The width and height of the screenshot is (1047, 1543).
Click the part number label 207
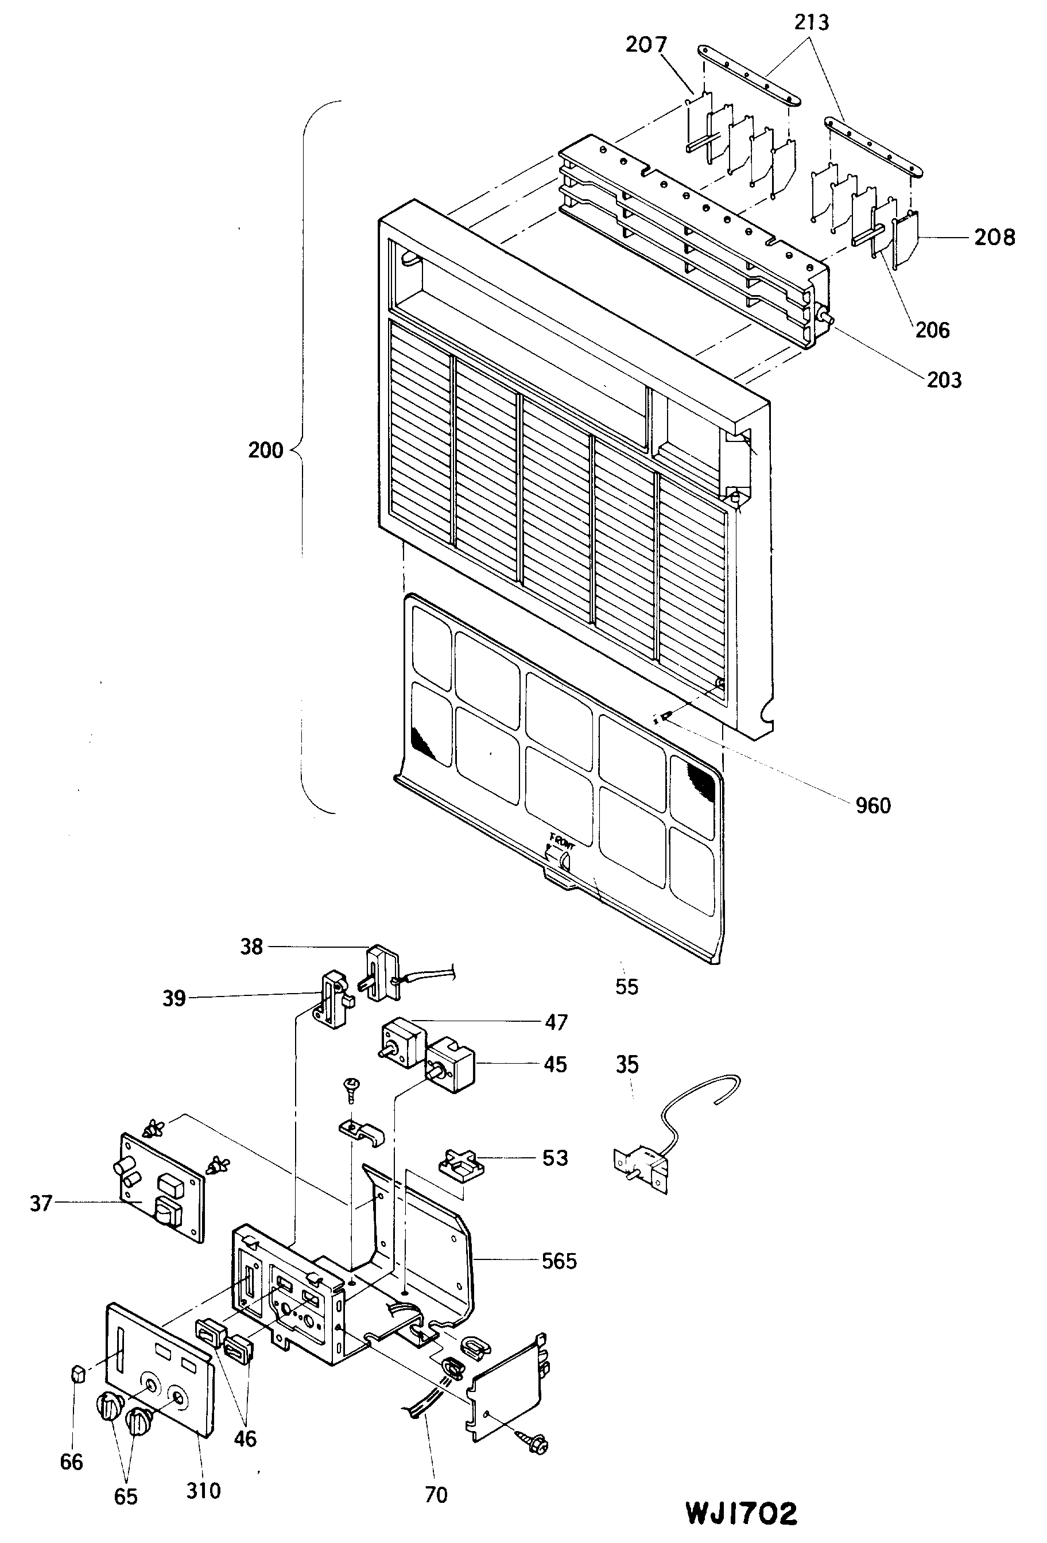[646, 45]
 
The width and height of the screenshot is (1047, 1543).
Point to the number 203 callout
[944, 380]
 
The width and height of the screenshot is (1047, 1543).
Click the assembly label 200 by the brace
[266, 450]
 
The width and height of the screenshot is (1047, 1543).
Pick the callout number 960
[872, 805]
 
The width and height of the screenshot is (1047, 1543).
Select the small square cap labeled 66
[77, 1373]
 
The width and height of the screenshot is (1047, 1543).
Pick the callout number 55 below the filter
[626, 986]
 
